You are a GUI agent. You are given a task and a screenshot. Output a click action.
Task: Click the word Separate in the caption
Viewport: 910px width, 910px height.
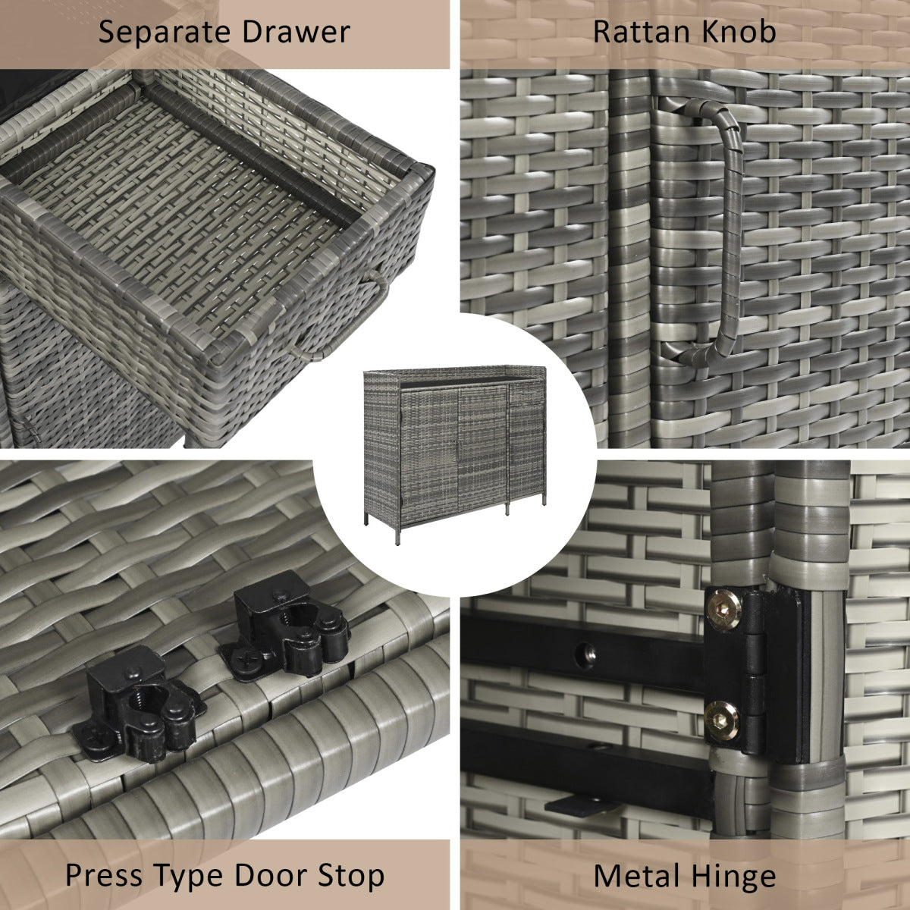(165, 33)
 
